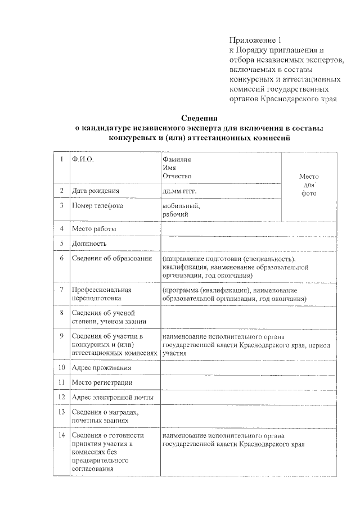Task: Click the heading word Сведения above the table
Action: tap(199, 118)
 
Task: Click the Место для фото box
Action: tap(309, 185)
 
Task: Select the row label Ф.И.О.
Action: tap(82, 160)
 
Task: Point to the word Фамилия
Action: tap(175, 160)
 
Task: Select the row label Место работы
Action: tap(93, 229)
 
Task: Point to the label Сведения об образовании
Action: tap(112, 258)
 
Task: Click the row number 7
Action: tap(60, 290)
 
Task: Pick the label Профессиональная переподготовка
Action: tap(97, 294)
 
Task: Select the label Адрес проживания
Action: tap(101, 368)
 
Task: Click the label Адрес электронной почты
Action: tap(112, 397)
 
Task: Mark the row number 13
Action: tap(61, 412)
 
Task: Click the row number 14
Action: tap(61, 435)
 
